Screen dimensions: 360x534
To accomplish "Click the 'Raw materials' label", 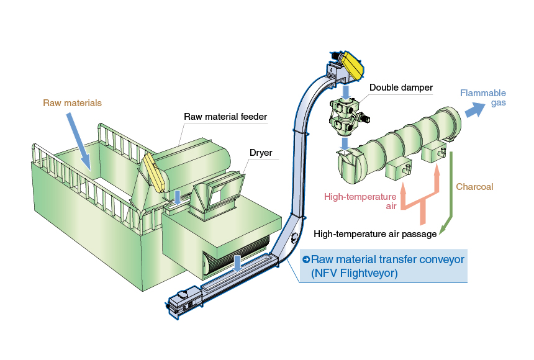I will tap(72, 103).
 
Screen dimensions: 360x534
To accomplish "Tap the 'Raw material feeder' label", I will tap(225, 117).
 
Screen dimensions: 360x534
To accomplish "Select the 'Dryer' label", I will tap(261, 152).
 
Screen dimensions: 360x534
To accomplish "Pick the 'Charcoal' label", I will tap(474, 186).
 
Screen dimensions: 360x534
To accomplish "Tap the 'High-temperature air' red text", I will tap(360, 201).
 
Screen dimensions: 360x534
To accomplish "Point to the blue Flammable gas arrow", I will tap(476, 110).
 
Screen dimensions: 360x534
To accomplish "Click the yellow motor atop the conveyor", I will tap(350, 64).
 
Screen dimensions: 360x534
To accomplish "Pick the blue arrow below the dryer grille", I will tap(237, 261).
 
